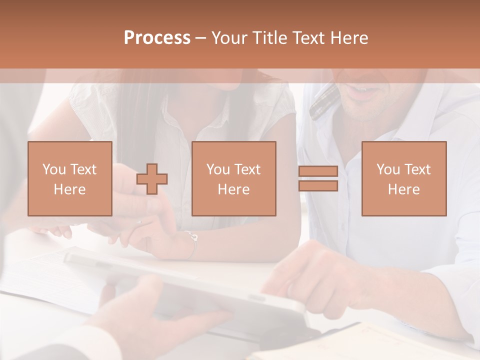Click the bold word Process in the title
pyautogui.click(x=157, y=38)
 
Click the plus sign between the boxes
pyautogui.click(x=152, y=179)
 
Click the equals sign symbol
pyautogui.click(x=318, y=178)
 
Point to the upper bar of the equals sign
pyautogui.click(x=318, y=171)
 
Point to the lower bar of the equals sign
pyautogui.click(x=318, y=185)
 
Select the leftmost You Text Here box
pyautogui.click(x=69, y=178)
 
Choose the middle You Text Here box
pyautogui.click(x=233, y=178)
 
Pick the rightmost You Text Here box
pyautogui.click(x=403, y=178)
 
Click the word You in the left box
pyautogui.click(x=53, y=169)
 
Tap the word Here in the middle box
pyautogui.click(x=233, y=189)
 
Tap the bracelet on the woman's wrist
pyautogui.click(x=192, y=244)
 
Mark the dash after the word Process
pyautogui.click(x=201, y=38)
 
